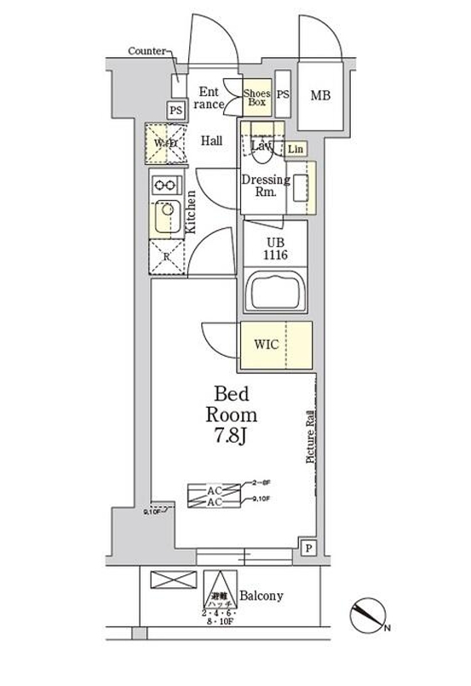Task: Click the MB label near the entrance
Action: click(x=320, y=95)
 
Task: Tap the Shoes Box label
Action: click(x=256, y=97)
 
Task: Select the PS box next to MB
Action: click(x=284, y=96)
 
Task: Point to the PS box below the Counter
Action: click(x=175, y=110)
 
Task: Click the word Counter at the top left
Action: click(x=146, y=52)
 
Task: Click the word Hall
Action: click(x=212, y=141)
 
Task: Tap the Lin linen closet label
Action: click(x=295, y=150)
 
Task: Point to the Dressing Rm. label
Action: click(x=265, y=186)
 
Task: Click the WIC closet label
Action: click(x=267, y=345)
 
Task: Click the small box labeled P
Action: click(x=307, y=548)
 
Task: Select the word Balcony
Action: click(x=261, y=596)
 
